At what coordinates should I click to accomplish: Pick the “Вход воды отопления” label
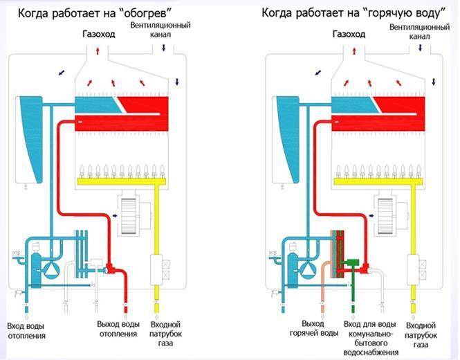(x=27, y=330)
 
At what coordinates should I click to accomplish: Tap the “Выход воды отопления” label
(x=113, y=330)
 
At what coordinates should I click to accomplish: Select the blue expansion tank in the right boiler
(x=286, y=135)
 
